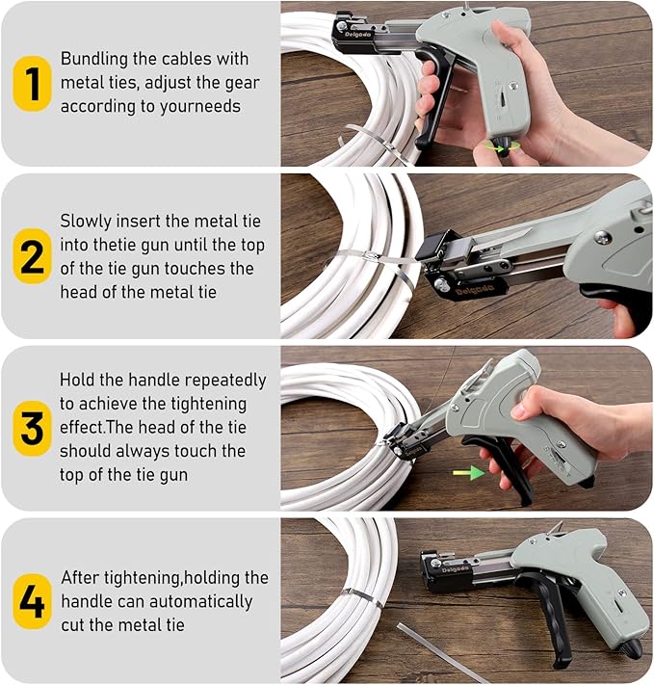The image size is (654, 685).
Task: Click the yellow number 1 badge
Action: pos(32,84)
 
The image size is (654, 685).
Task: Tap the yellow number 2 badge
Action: pos(32,256)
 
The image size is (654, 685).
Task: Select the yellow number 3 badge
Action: pos(32,428)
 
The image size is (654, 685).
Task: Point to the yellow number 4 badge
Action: pos(32,600)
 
